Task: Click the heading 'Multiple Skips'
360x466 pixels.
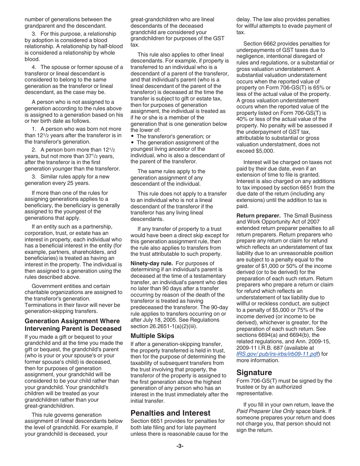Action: pyautogui.click(x=152, y=336)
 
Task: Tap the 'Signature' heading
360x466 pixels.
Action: pyautogui.click(x=254, y=372)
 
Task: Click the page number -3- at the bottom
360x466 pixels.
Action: pyautogui.click(x=180, y=446)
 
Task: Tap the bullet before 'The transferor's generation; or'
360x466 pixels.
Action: pyautogui.click(x=132, y=136)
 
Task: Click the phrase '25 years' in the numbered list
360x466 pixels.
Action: pyautogui.click(x=79, y=183)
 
